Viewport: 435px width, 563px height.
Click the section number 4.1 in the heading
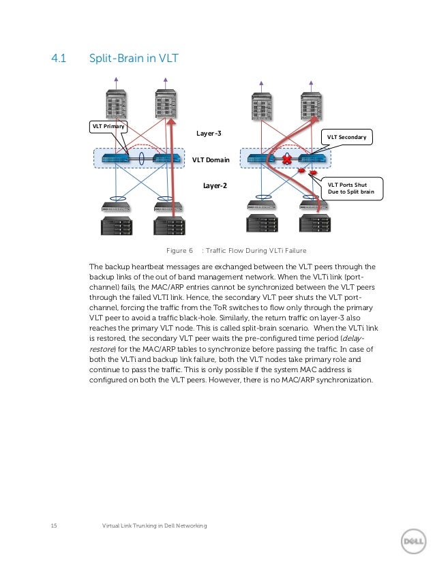click(58, 59)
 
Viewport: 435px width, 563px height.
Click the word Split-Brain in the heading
click(117, 59)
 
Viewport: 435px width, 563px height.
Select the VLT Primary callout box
click(108, 126)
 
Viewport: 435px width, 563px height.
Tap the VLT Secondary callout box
click(346, 137)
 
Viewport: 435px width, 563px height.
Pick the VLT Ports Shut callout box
click(352, 187)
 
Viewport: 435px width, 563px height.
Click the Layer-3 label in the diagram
click(209, 134)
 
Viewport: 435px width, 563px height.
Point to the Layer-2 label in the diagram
click(215, 185)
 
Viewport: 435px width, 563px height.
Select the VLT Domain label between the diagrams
click(211, 160)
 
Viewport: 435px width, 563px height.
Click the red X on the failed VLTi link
click(287, 159)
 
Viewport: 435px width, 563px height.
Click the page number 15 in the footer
click(55, 525)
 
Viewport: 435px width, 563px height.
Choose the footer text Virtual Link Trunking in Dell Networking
click(153, 525)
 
